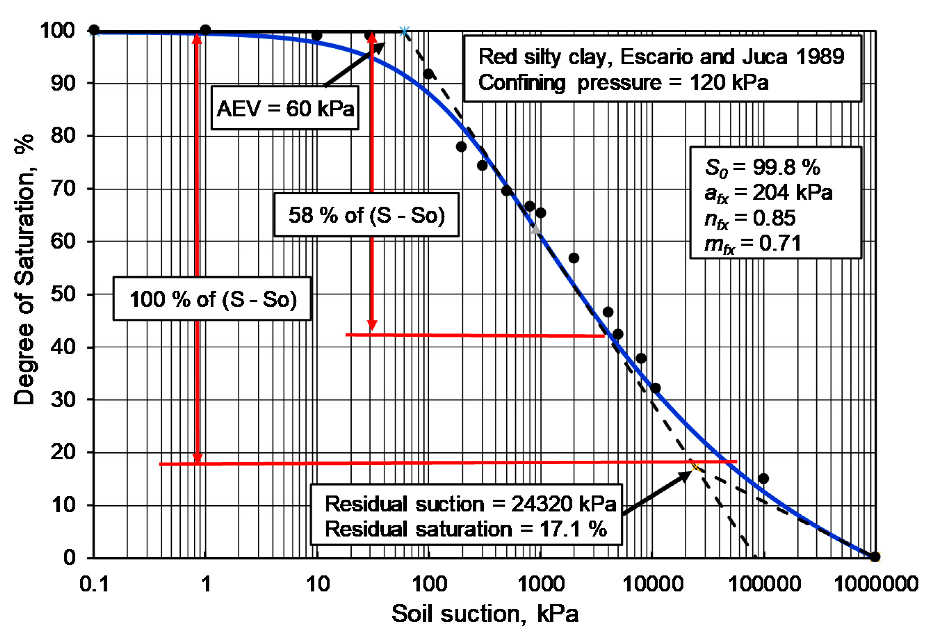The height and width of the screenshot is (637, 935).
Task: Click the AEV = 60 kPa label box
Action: coord(285,108)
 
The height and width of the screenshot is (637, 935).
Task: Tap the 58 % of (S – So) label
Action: coord(366,215)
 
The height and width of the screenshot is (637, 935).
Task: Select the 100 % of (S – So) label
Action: coord(212,299)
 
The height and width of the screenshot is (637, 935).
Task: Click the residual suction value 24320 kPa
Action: coord(563,504)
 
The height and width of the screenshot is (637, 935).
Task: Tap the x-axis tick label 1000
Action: coord(541,583)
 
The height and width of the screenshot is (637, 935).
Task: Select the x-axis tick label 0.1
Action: coord(94,583)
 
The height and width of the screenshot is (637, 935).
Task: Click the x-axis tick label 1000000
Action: coord(876,583)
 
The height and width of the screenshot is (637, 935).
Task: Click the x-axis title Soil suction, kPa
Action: coord(485,614)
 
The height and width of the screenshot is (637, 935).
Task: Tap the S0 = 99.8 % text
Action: coord(762,167)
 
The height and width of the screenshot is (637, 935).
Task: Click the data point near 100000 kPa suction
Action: coord(763,478)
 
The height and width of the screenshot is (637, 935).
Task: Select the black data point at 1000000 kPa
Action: coord(875,557)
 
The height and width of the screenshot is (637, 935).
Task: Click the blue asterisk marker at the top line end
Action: coord(404,31)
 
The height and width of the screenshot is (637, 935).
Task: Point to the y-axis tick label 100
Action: coord(58,31)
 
